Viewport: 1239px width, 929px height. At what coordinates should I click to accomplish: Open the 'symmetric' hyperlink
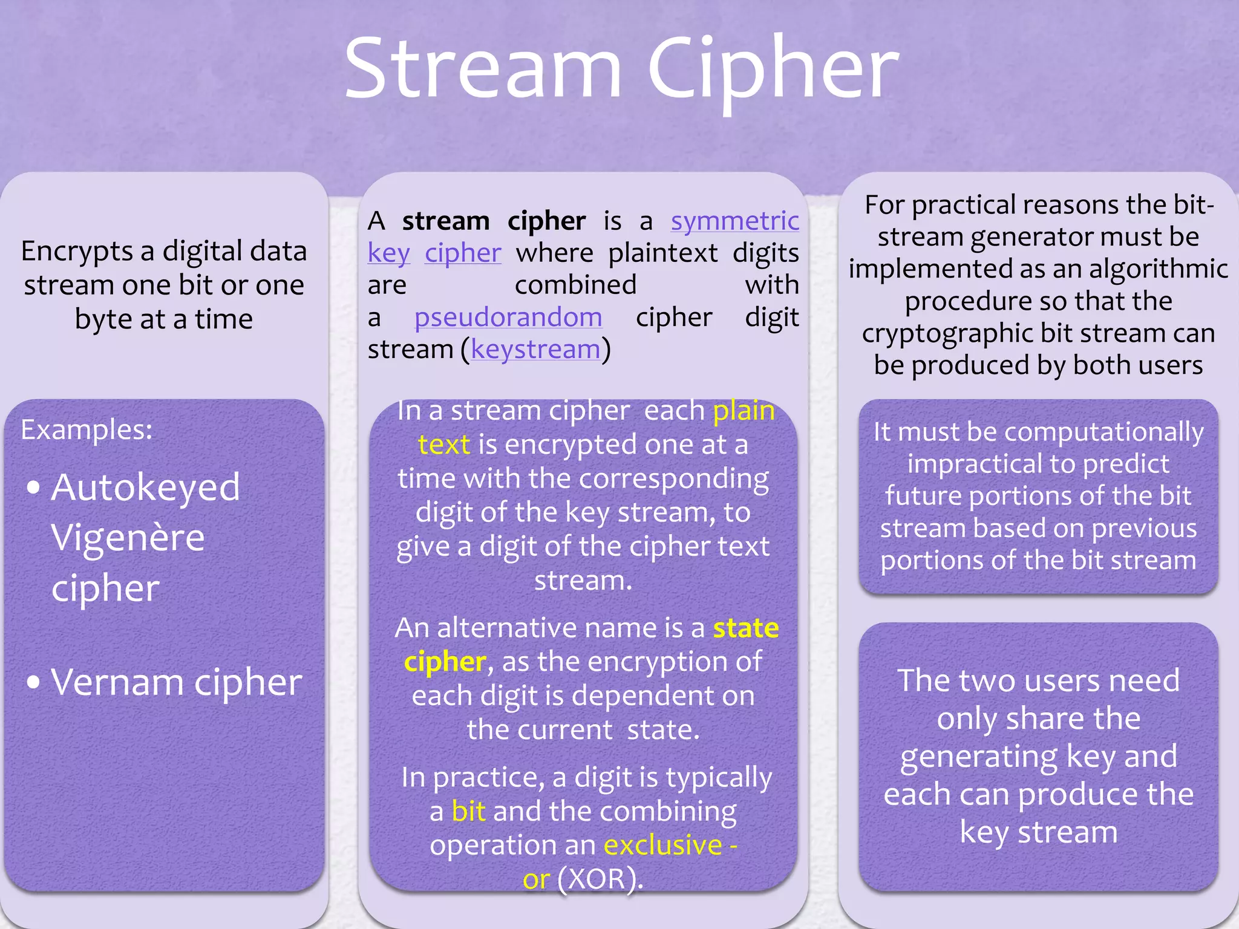[734, 221]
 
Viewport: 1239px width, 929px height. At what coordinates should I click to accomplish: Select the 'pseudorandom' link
[508, 318]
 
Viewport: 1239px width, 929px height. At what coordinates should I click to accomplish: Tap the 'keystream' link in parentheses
[535, 350]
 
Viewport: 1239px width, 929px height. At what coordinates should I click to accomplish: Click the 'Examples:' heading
[87, 430]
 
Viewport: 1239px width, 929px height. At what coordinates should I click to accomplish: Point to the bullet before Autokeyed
[34, 487]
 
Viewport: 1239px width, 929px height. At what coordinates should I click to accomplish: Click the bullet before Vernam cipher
[34, 683]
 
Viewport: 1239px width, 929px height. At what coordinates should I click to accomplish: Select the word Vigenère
[128, 538]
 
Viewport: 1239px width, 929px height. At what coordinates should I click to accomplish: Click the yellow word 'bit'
[468, 812]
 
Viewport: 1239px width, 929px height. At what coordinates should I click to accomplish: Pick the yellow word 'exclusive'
[663, 846]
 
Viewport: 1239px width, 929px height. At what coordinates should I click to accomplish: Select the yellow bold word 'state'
[745, 628]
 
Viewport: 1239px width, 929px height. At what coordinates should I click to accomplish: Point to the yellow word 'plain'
[744, 411]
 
